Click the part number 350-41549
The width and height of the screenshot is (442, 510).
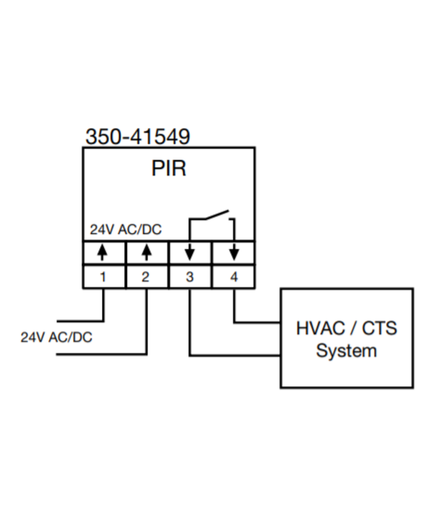137,137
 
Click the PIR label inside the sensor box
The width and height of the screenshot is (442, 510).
169,168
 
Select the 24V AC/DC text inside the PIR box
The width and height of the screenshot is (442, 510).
126,230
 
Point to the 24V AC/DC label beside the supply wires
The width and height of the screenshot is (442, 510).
56,337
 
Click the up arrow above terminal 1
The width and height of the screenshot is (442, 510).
103,253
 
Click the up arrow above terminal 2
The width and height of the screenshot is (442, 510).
147,253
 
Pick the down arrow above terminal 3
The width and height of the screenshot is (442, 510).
190,253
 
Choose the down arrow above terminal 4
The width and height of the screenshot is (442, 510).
234,253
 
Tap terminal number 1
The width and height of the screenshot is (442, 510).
103,277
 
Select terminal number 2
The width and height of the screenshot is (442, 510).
146,277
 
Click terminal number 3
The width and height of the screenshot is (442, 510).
190,277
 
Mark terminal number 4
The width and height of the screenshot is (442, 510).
234,277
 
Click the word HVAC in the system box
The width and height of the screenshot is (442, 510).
320,328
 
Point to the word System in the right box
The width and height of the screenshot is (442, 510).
346,352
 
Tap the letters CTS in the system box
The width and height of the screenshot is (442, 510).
379,328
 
